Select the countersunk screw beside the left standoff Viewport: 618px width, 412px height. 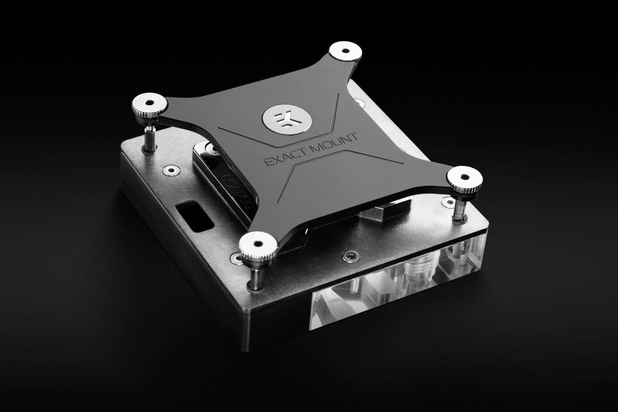point(169,170)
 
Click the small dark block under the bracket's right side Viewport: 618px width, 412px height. point(387,213)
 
